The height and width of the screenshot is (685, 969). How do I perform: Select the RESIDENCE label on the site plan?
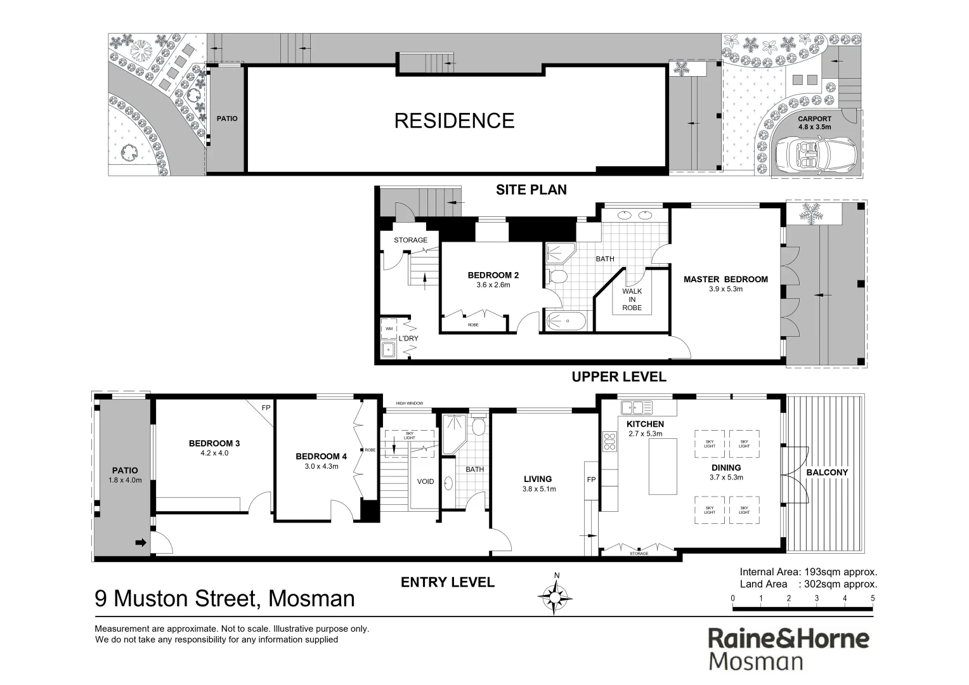454,121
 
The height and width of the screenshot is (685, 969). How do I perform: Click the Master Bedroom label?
725,279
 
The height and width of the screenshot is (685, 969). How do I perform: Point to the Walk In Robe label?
632,299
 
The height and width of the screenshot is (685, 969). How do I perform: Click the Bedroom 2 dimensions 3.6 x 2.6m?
493,285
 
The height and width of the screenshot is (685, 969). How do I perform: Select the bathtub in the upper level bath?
568,322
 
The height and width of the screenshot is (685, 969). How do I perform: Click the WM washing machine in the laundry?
388,329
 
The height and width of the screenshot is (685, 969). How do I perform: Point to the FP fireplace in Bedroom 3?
266,407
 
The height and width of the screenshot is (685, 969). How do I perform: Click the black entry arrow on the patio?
141,543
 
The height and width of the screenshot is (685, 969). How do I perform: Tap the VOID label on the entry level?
426,481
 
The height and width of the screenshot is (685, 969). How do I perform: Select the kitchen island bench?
663,466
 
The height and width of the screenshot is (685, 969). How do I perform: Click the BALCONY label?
826,473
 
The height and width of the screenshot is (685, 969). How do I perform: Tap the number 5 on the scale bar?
873,598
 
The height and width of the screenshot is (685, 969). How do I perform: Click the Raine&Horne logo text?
788,638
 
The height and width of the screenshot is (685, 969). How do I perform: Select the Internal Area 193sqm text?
809,571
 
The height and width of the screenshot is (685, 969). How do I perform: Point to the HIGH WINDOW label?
409,403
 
